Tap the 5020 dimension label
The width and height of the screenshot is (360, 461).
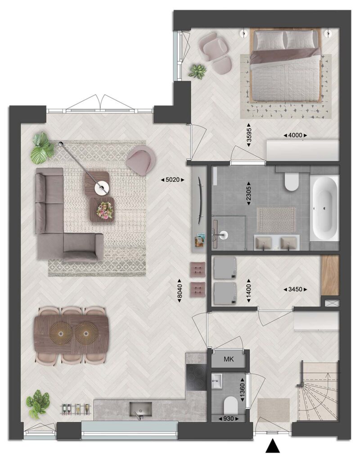pyautogui.click(x=172, y=180)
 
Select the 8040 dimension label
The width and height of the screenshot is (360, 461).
pyautogui.click(x=180, y=293)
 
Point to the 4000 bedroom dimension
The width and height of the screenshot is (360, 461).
pyautogui.click(x=295, y=135)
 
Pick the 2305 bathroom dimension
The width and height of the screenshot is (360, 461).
pyautogui.click(x=249, y=193)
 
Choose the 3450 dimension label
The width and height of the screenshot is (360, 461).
pyautogui.click(x=295, y=289)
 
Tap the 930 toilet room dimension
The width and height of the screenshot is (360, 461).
pyautogui.click(x=228, y=419)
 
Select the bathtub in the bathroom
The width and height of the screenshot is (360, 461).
pyautogui.click(x=324, y=208)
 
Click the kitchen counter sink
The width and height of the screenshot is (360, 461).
pyautogui.click(x=141, y=410)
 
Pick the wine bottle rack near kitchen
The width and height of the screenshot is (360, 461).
pyautogui.click(x=76, y=408)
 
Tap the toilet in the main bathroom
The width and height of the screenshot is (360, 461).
pyautogui.click(x=291, y=181)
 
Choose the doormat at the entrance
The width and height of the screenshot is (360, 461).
pyautogui.click(x=274, y=410)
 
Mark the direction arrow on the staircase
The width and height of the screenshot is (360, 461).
pyautogui.click(x=328, y=382)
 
